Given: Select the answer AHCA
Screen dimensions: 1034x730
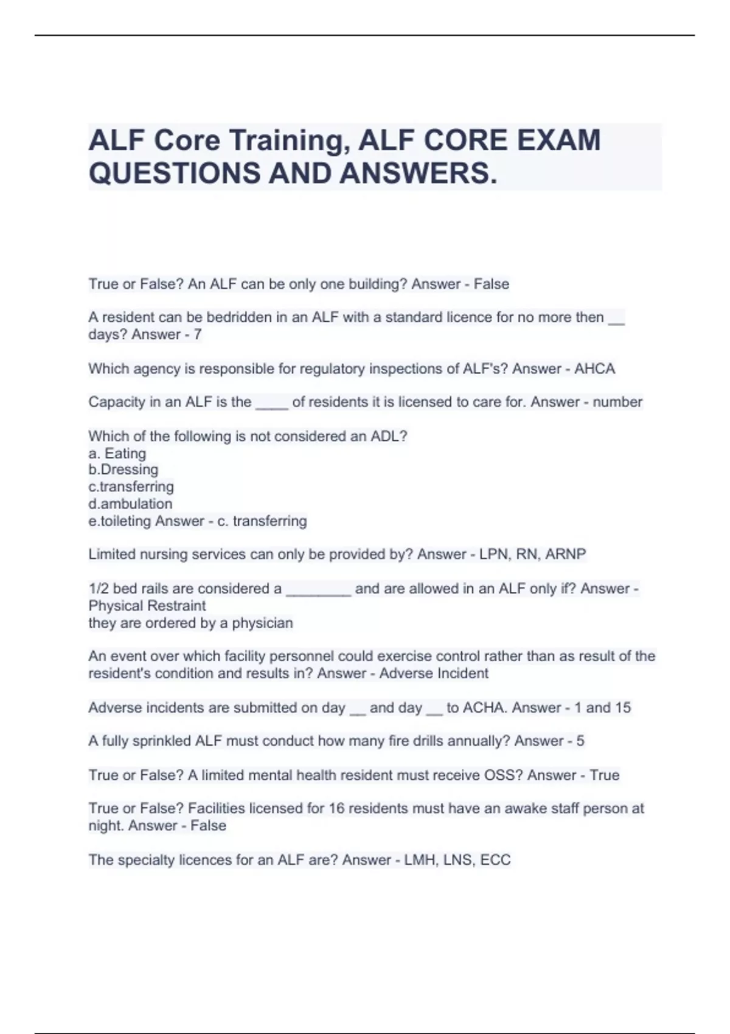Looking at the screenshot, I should click(x=594, y=369).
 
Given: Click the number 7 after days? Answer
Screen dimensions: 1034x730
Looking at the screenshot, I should click(x=197, y=335).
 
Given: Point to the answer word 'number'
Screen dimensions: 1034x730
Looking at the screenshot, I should click(x=617, y=402).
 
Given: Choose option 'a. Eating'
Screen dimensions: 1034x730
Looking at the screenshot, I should click(x=117, y=453).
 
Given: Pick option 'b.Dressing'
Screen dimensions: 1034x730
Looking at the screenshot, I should click(x=123, y=470).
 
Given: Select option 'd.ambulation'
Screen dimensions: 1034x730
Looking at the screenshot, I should click(x=130, y=504).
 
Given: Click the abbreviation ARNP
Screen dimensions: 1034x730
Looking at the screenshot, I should click(x=566, y=554).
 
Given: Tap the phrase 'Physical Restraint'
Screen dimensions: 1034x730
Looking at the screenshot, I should click(x=147, y=606).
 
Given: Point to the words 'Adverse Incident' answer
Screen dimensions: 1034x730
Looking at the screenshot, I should click(x=434, y=673).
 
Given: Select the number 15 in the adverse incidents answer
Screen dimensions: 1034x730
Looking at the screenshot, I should click(x=623, y=707).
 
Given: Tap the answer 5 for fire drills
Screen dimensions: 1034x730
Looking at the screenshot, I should click(x=580, y=741).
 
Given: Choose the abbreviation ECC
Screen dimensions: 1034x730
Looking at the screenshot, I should click(x=495, y=860).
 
